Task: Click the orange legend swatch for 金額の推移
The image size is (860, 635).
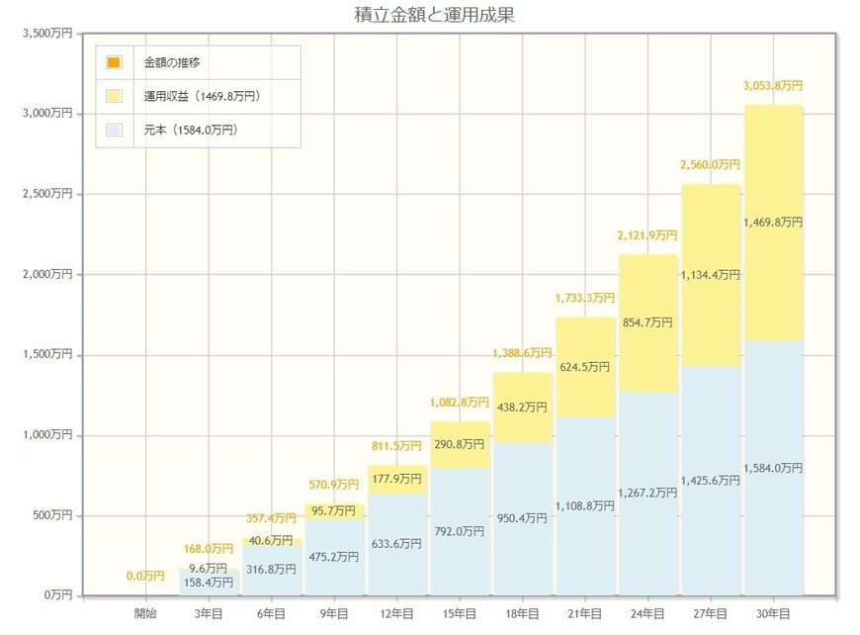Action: tap(114, 62)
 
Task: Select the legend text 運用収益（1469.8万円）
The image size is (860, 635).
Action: tap(202, 96)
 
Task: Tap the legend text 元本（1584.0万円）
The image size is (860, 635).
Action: tap(190, 130)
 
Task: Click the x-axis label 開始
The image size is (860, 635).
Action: tap(145, 613)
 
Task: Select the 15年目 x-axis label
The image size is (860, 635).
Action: tap(460, 613)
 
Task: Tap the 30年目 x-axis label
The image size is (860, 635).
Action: tap(773, 613)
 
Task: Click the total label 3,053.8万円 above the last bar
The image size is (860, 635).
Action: tap(773, 86)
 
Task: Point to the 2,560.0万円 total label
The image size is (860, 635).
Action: tap(710, 165)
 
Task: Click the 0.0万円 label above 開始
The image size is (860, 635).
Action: tap(145, 576)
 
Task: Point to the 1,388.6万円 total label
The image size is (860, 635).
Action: tap(522, 353)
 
